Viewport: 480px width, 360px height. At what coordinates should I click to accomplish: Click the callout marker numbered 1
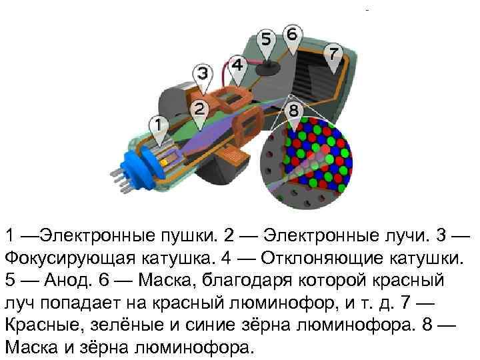158,125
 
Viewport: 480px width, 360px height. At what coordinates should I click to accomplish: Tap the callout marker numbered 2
199,109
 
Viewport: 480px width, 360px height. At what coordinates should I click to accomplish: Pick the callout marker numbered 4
237,65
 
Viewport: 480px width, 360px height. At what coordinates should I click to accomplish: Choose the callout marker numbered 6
292,33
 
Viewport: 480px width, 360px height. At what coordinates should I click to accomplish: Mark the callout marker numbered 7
333,52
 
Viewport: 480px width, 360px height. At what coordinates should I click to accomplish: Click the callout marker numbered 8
294,110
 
